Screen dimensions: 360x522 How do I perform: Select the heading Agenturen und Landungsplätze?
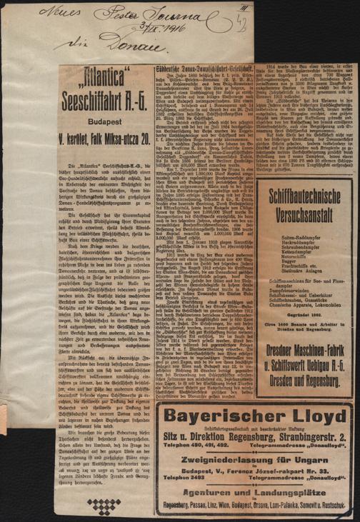(x=253, y=488)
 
